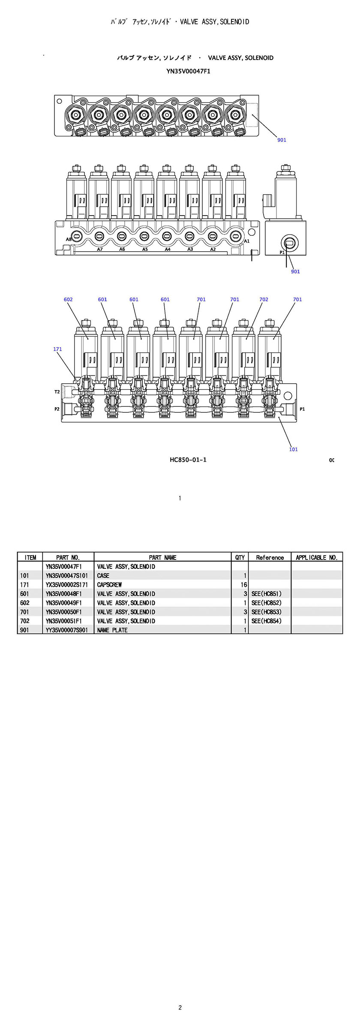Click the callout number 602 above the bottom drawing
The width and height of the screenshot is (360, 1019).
pos(68,299)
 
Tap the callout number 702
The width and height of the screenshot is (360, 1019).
pos(264,299)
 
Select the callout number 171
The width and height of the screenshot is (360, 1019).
pos(57,349)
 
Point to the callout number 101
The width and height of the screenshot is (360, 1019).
pos(293,449)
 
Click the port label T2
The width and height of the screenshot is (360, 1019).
pos(57,392)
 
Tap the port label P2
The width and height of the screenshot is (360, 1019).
pos(57,409)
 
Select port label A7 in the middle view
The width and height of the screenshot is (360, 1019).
pos(100,249)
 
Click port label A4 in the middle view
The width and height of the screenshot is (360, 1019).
pos(168,249)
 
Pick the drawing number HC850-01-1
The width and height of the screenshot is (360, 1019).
pos(188,460)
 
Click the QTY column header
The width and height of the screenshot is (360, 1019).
pos(240,557)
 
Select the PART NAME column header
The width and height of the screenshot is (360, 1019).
pos(162,557)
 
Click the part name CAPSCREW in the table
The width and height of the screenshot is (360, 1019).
pos(109,585)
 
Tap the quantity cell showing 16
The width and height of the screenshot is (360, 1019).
pos(244,585)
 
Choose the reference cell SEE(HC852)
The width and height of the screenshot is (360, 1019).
pos(267,603)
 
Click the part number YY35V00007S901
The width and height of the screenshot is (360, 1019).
pos(67,630)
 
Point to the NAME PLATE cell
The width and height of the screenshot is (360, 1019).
pos(112,630)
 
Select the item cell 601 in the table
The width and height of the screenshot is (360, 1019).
pos(24,594)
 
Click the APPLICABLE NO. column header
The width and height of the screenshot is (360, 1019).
pos(317,557)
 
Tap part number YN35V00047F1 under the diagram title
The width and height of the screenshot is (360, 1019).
pos(188,72)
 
